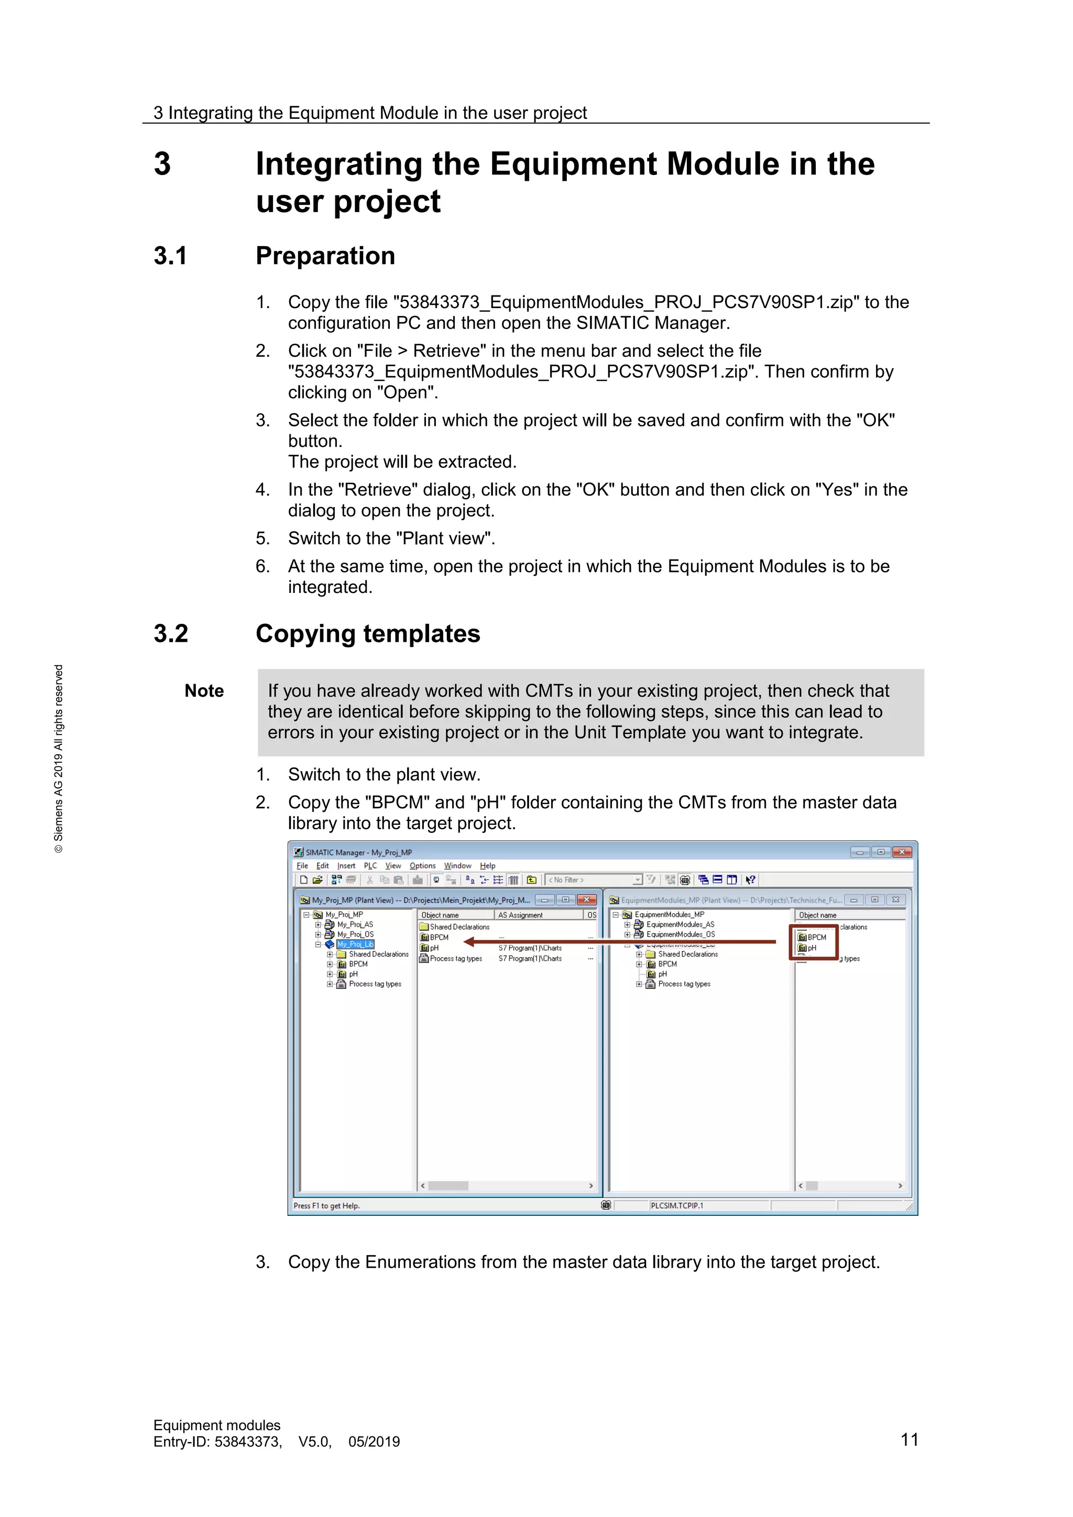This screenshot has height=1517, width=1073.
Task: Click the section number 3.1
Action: point(170,256)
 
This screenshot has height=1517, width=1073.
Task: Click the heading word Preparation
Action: point(325,256)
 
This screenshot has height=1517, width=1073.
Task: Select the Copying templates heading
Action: point(367,634)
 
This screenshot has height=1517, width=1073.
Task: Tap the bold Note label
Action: point(204,691)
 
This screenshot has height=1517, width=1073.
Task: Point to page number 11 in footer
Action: point(909,1439)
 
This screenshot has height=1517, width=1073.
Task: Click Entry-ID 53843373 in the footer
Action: point(218,1442)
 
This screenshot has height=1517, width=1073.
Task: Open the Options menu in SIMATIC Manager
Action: point(422,865)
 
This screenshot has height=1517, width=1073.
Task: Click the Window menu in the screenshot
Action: point(457,865)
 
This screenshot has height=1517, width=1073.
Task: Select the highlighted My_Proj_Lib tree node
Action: point(355,944)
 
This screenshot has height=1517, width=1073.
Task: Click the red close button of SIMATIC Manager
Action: point(901,852)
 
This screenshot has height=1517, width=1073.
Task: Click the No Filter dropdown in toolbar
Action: point(594,880)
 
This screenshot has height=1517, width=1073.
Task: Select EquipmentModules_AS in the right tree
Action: point(680,925)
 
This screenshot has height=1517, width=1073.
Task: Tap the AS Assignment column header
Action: point(521,915)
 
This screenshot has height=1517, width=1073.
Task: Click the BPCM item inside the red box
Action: point(817,937)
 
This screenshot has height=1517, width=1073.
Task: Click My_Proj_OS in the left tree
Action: point(355,935)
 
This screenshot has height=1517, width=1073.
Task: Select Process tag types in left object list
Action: point(455,959)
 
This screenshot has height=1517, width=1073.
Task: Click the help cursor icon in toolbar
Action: point(751,880)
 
